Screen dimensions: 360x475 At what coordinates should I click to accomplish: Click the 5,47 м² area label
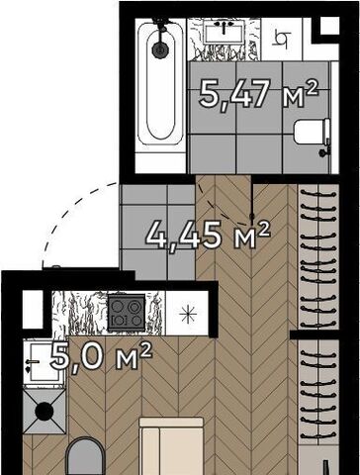[x=258, y=94]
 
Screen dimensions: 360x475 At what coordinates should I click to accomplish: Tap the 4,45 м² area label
[x=208, y=235]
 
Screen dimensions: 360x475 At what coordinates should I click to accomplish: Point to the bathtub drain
[x=160, y=49]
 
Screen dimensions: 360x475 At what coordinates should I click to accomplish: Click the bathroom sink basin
[x=225, y=32]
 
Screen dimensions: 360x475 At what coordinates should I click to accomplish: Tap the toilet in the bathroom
[x=312, y=132]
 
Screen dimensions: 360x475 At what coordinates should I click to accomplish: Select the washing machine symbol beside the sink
[x=282, y=39]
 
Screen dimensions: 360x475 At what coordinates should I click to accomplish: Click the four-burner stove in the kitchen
[x=127, y=313]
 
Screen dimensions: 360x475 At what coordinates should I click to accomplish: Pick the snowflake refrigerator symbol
[x=188, y=314]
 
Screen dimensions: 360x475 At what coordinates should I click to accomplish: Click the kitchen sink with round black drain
[x=45, y=412]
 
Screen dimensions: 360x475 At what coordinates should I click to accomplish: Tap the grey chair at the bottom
[x=85, y=457]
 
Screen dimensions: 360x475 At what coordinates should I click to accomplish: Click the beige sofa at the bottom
[x=171, y=446]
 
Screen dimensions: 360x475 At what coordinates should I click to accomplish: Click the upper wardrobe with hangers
[x=318, y=256]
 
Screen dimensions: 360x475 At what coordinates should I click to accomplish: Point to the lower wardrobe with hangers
[x=318, y=392]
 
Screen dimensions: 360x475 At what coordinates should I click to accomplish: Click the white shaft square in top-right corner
[x=329, y=26]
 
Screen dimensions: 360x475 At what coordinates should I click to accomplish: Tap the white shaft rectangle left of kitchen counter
[x=33, y=310]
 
